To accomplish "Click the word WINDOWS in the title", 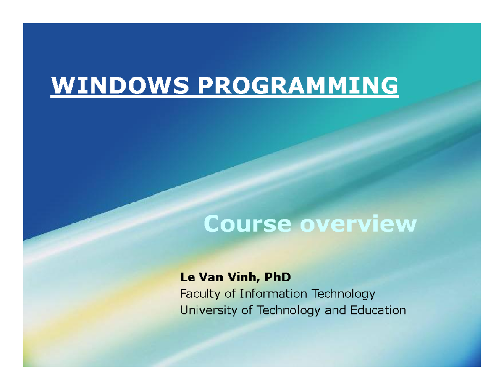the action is coord(120,85).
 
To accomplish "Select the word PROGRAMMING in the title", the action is coord(298,85).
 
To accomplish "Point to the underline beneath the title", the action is coord(225,96).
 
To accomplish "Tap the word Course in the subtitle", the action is coord(247,223).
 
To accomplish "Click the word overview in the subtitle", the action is coord(358,223).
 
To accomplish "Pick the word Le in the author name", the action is coord(187,277).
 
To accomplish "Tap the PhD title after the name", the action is coord(278,277).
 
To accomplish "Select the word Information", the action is coord(273,294).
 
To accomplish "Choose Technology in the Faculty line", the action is coord(343,294).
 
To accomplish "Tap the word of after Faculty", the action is coord(230,294).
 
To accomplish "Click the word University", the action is coord(208,311).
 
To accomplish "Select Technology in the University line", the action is coord(289,311).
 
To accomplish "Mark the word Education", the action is coord(378,310).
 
